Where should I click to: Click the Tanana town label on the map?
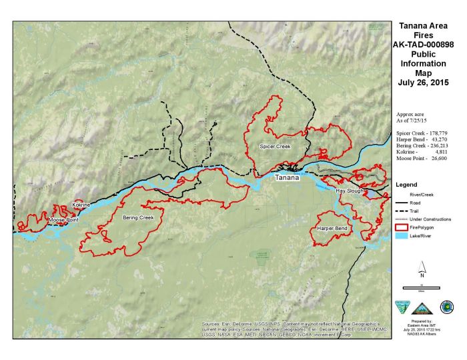point(288,178)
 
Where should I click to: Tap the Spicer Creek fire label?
point(275,145)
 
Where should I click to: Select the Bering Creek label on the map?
point(138,217)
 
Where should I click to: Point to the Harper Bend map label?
point(332,228)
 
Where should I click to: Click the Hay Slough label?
point(350,191)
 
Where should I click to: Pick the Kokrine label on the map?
point(81,204)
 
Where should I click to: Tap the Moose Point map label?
point(64,219)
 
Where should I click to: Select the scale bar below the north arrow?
point(422,287)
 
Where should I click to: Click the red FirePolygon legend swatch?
point(402,227)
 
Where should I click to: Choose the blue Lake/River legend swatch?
point(402,236)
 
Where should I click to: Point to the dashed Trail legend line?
point(402,211)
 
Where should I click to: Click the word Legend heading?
point(406,184)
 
